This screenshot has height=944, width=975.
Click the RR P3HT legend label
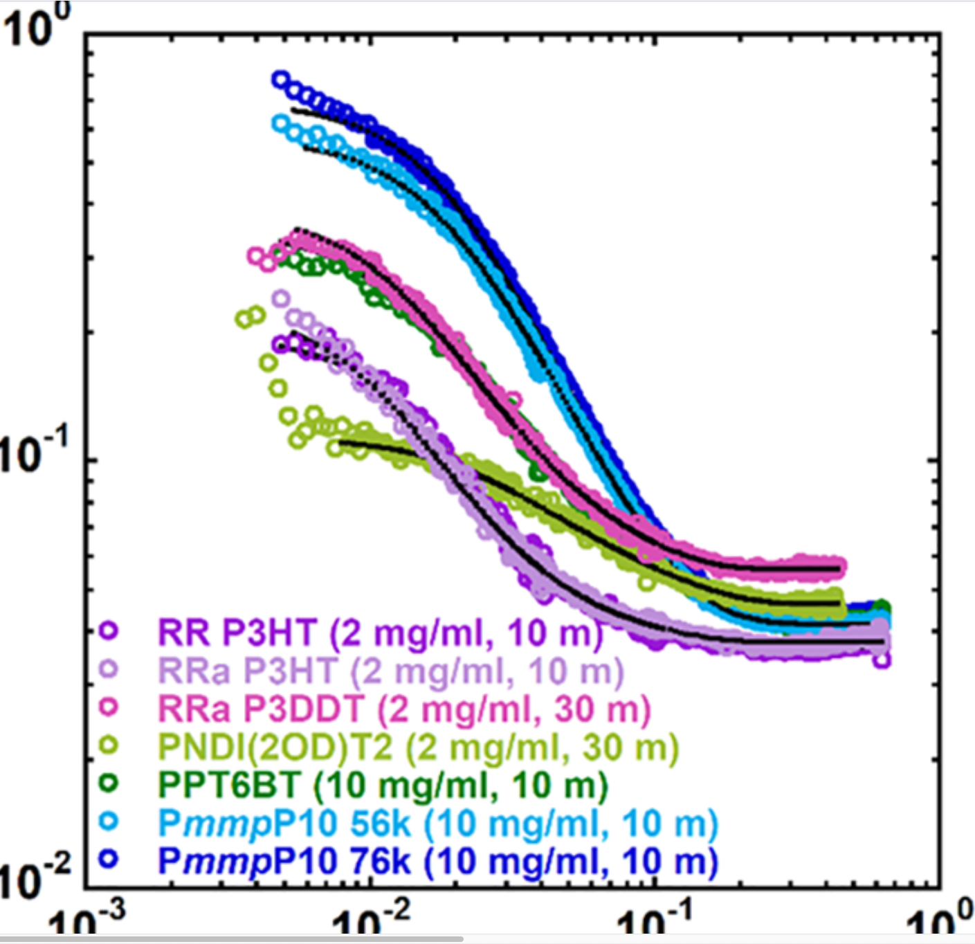click(380, 633)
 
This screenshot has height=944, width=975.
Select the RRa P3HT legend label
click(391, 671)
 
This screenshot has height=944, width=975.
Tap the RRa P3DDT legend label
click(404, 709)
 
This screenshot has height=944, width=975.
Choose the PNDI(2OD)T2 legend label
click(418, 747)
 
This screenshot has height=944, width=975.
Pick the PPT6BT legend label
click(383, 785)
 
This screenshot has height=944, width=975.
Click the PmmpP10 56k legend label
click(438, 823)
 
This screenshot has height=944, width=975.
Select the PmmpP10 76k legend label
click(438, 861)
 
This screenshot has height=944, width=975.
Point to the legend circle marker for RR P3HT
click(109, 630)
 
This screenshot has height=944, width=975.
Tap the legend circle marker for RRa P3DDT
click(109, 707)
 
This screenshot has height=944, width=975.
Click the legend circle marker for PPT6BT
click(109, 783)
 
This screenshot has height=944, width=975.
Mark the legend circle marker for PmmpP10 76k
click(109, 859)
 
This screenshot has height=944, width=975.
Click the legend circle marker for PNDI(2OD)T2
click(109, 745)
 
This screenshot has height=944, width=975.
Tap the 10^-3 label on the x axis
click(89, 924)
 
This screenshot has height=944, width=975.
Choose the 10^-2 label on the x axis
click(372, 924)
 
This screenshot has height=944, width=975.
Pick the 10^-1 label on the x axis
click(654, 924)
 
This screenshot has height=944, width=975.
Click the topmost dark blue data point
click(280, 80)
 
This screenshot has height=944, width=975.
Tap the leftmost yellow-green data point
click(243, 319)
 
